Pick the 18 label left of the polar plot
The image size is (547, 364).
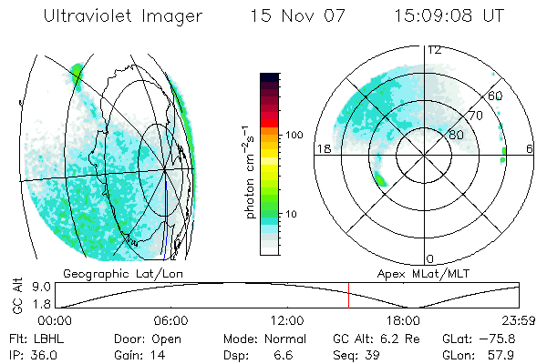323,148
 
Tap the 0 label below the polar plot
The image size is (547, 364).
430,258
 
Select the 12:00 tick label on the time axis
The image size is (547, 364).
287,320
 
